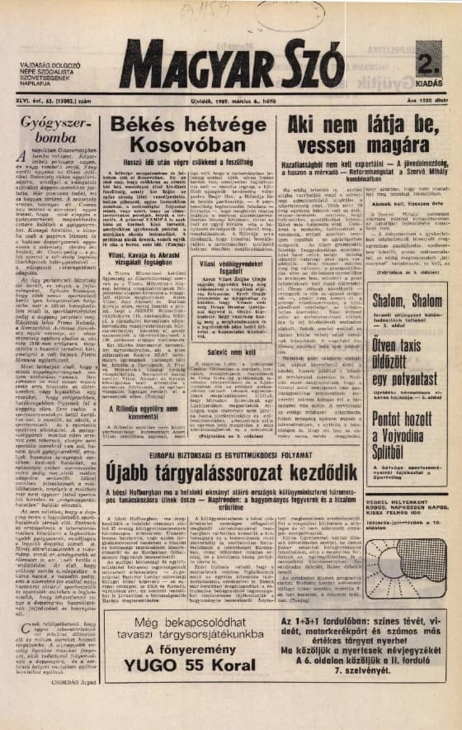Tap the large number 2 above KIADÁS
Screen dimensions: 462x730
(427, 63)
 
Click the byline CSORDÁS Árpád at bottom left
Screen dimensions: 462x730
(73, 707)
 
